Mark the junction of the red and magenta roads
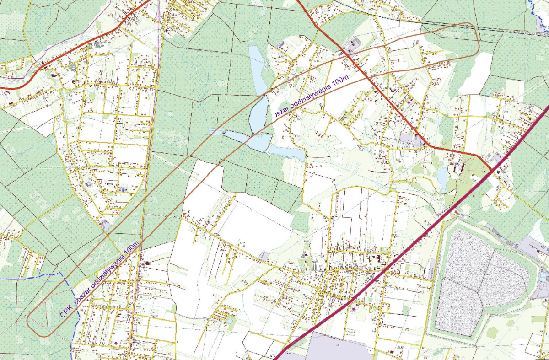coord(492,170)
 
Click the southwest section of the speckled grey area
coord(457,304)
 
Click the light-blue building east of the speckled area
coord(543,277)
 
